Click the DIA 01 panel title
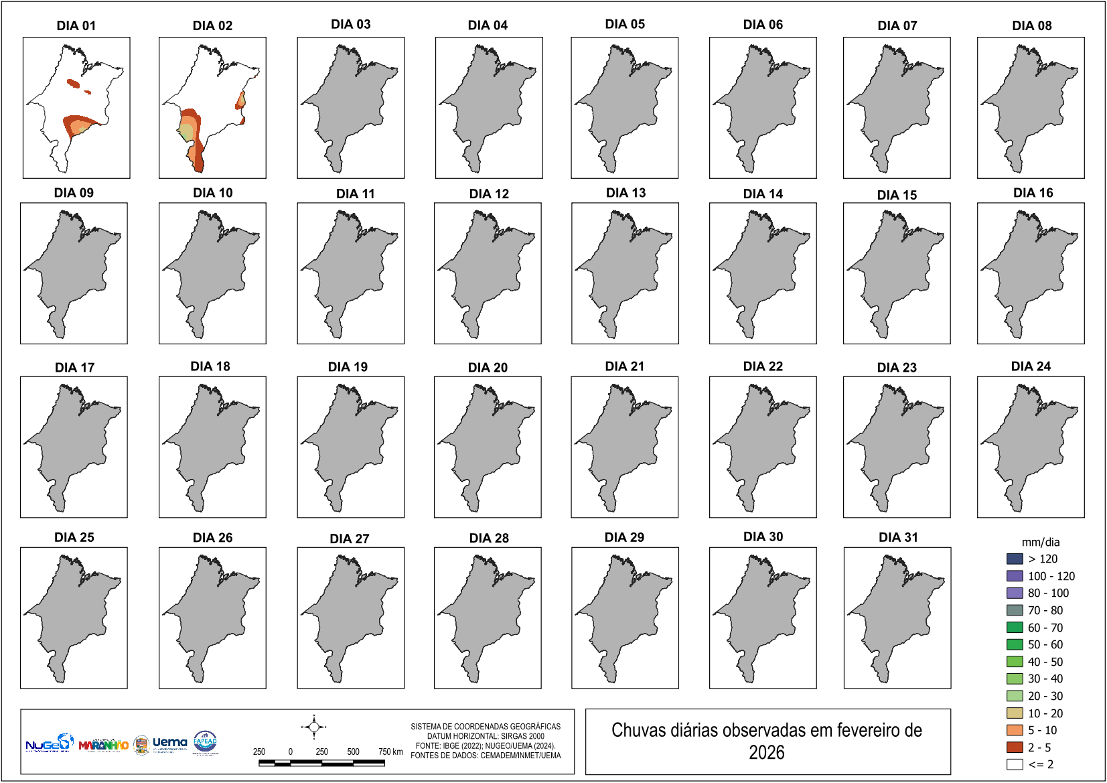76,25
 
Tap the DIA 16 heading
1033,193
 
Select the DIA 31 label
898,537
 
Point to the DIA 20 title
488,367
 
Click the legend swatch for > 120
1015,559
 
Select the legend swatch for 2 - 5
1015,747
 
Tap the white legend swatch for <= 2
1015,764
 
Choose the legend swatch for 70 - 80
1015,610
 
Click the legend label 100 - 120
1051,576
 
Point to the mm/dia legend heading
1040,542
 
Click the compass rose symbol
314,727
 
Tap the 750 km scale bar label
390,752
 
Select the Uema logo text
170,742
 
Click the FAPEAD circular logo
205,741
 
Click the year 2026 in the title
766,753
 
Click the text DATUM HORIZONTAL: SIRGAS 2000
486,736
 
